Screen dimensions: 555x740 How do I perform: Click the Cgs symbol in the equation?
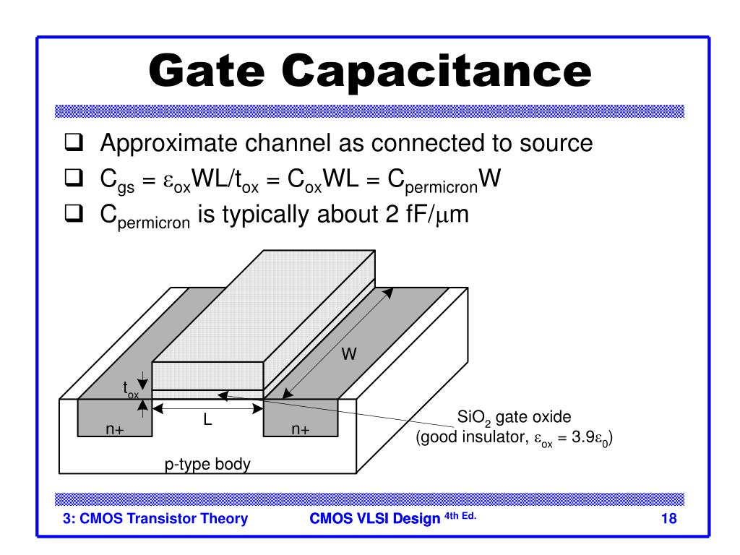(113, 181)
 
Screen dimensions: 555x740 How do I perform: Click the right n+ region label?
(301, 429)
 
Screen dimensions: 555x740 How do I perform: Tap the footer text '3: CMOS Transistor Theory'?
(155, 518)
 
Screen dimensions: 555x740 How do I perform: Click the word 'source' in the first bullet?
(551, 144)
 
